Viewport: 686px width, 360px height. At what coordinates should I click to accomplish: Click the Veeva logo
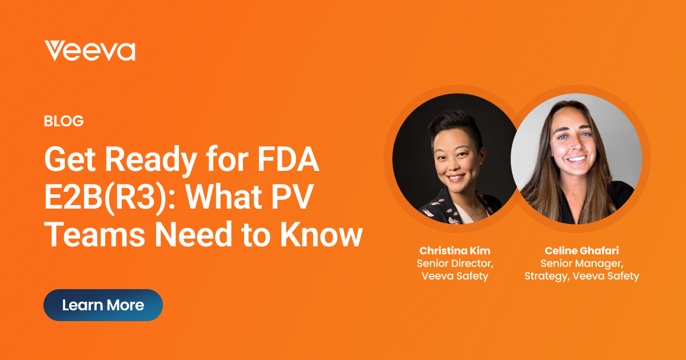[x=90, y=51]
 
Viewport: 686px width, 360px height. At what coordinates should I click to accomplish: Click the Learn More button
[x=103, y=305]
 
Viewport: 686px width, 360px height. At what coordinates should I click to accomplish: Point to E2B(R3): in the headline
[x=106, y=198]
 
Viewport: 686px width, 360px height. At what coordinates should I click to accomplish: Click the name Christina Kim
[x=454, y=251]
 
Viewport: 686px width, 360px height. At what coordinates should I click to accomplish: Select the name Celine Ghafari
[x=581, y=251]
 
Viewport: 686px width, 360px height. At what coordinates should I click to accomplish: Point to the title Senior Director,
[x=454, y=263]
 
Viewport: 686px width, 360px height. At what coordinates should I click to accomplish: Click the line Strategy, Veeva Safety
[x=581, y=276]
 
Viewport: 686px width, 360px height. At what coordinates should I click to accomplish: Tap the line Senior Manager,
[x=581, y=263]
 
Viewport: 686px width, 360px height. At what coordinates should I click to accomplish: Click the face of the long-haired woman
[x=575, y=146]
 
